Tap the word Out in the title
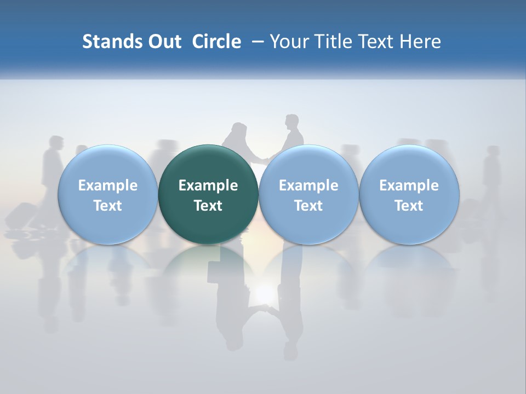[163, 42]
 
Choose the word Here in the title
[421, 42]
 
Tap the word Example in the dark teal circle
[208, 186]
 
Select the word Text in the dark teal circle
[208, 206]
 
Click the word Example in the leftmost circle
[107, 186]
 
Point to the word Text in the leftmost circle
[107, 206]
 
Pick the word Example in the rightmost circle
[409, 186]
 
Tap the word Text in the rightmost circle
[409, 206]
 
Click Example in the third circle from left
[308, 186]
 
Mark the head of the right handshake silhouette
[291, 121]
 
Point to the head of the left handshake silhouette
[239, 129]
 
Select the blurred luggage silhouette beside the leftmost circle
[22, 215]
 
